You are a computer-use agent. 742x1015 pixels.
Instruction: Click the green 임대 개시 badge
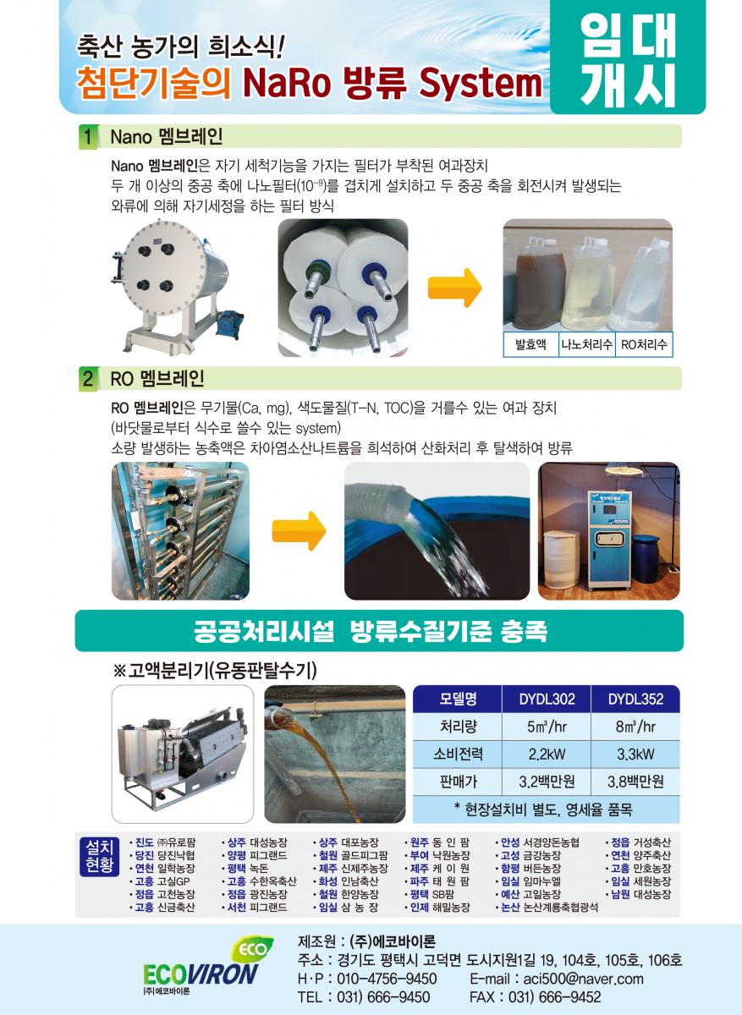[x=628, y=58]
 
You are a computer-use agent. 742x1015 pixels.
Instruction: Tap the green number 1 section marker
[x=88, y=137]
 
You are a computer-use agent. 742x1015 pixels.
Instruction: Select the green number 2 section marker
[x=88, y=379]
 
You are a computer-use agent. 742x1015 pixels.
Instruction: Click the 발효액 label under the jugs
[x=530, y=344]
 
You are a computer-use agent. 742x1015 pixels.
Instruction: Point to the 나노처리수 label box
[x=586, y=344]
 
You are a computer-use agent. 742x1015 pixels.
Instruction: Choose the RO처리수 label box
[x=644, y=344]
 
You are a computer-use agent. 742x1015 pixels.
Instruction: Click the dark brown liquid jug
[x=539, y=285]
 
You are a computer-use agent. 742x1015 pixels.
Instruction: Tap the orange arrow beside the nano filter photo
[x=454, y=288]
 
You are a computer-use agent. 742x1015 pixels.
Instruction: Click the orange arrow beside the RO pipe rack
[x=299, y=530]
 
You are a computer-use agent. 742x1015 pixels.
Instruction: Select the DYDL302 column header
[x=547, y=699]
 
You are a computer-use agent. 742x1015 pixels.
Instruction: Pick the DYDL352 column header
[x=635, y=699]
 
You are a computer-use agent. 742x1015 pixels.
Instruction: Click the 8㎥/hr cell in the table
[x=635, y=727]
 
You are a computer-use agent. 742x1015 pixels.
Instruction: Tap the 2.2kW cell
[x=547, y=754]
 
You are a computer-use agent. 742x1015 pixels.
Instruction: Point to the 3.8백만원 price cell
[x=635, y=782]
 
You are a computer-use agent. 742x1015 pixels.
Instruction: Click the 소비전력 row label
[x=458, y=754]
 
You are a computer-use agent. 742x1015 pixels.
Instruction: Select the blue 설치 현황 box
[x=99, y=856]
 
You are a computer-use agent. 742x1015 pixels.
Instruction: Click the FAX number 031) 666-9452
[x=554, y=997]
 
